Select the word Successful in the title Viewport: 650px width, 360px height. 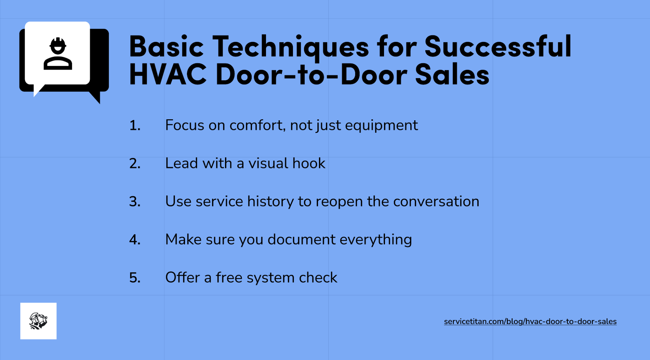[497, 47]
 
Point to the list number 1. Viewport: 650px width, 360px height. [135, 126]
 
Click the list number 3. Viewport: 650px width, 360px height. [135, 202]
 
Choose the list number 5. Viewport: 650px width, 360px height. [135, 278]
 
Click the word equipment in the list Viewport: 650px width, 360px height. [381, 126]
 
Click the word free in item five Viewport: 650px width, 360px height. [229, 278]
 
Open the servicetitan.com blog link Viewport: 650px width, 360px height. [530, 322]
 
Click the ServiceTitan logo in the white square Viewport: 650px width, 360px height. [38, 321]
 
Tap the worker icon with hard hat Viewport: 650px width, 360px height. [58, 54]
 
